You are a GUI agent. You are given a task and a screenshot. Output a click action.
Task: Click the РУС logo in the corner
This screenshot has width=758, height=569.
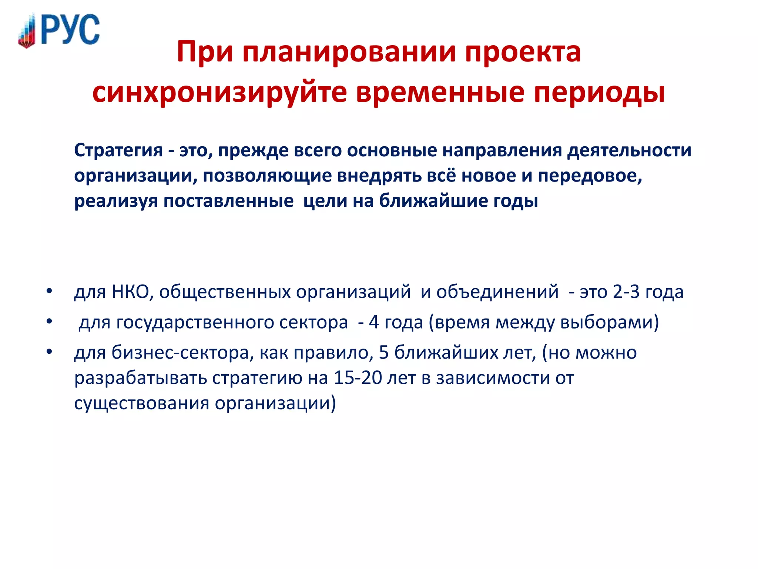59,30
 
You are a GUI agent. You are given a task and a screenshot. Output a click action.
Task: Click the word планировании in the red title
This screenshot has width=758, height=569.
349,52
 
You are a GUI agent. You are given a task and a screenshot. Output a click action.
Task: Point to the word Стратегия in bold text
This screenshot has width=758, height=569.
118,151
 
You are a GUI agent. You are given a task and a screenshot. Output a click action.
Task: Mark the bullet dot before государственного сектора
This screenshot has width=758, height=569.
49,321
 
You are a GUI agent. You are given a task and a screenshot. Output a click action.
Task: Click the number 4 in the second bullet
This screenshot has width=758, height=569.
374,322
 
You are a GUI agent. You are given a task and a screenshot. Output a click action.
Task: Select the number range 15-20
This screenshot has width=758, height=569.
358,378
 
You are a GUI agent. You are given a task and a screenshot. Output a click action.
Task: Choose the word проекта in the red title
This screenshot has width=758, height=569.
523,52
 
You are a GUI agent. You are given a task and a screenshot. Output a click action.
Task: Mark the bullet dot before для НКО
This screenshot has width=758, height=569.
49,291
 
